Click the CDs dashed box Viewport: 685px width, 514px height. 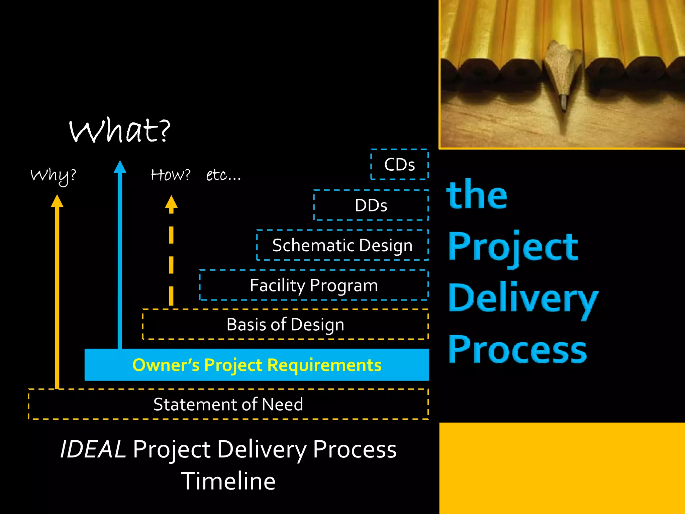tap(399, 165)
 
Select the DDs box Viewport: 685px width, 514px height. tap(371, 205)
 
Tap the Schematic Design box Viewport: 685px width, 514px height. tap(342, 245)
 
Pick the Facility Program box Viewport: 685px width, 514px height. tap(314, 285)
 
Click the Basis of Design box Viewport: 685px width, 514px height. tap(285, 325)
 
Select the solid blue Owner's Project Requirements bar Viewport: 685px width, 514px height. tap(257, 365)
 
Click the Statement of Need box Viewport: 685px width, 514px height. tap(228, 404)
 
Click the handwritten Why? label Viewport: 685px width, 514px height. tap(54, 176)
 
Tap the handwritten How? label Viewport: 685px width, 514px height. tap(171, 175)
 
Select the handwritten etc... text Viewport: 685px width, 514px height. tap(223, 175)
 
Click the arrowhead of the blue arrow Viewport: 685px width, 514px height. tap(120, 167)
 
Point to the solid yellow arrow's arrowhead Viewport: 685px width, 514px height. tap(57, 201)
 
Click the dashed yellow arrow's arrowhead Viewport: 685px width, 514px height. tap(171, 202)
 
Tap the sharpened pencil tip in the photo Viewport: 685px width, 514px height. tap(564, 104)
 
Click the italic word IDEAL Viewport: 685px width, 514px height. tap(93, 449)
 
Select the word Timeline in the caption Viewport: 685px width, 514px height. tap(228, 481)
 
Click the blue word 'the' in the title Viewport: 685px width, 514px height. tap(477, 195)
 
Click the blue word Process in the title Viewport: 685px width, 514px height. tap(517, 350)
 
